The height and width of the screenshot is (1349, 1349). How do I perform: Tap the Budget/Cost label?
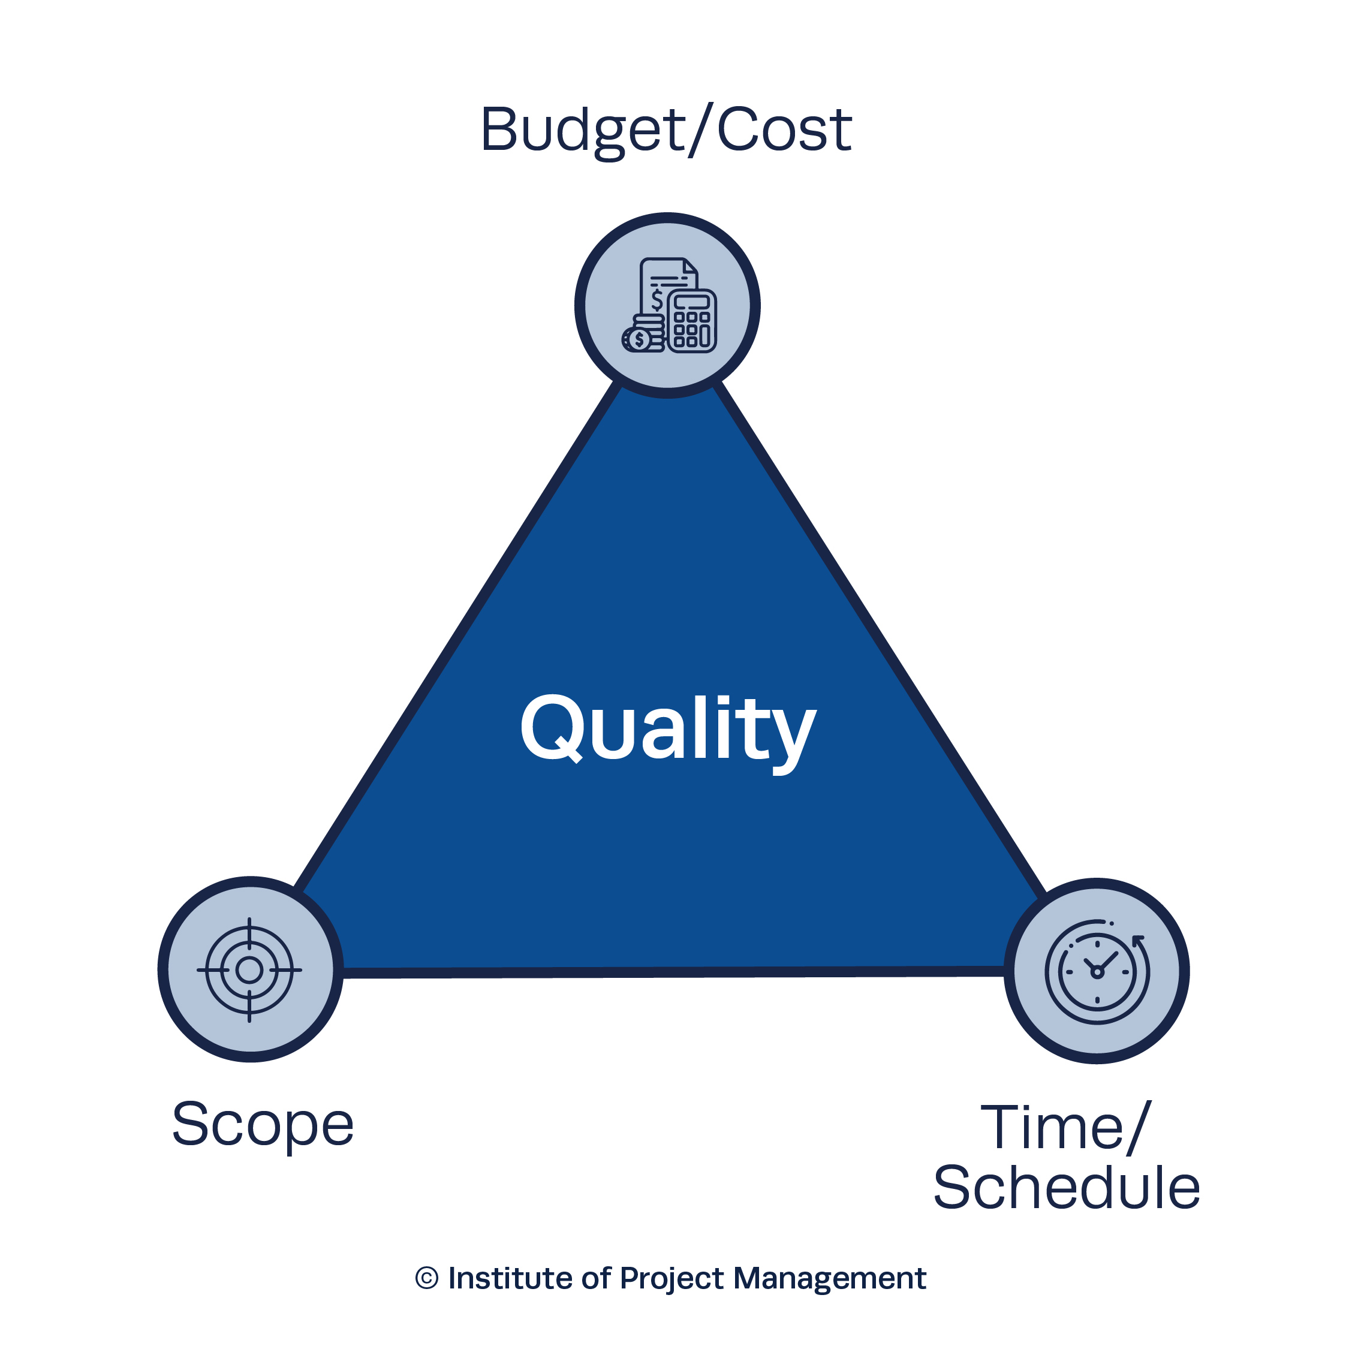(x=666, y=131)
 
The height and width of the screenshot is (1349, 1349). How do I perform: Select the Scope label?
(x=263, y=1125)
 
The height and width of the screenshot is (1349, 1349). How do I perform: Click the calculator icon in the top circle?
(x=692, y=321)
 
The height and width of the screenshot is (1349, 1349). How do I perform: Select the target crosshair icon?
(x=249, y=970)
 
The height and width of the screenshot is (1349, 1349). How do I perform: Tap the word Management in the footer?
(x=830, y=1278)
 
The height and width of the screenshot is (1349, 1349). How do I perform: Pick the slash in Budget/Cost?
(x=701, y=131)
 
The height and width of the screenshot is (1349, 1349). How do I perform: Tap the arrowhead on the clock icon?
(x=1139, y=941)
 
